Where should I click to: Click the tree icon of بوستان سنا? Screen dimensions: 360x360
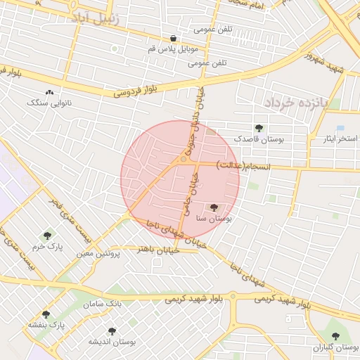point(214,207)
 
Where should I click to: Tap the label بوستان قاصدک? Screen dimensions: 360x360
point(259,139)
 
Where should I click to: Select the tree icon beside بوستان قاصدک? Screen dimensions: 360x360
point(259,128)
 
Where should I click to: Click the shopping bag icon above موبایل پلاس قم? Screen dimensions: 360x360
point(173,38)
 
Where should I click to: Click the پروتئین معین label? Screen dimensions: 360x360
point(98,252)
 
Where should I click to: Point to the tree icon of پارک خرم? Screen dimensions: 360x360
point(47,236)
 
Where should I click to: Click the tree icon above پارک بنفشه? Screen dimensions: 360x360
point(46,314)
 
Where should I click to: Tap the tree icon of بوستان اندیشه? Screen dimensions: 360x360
point(111,330)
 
